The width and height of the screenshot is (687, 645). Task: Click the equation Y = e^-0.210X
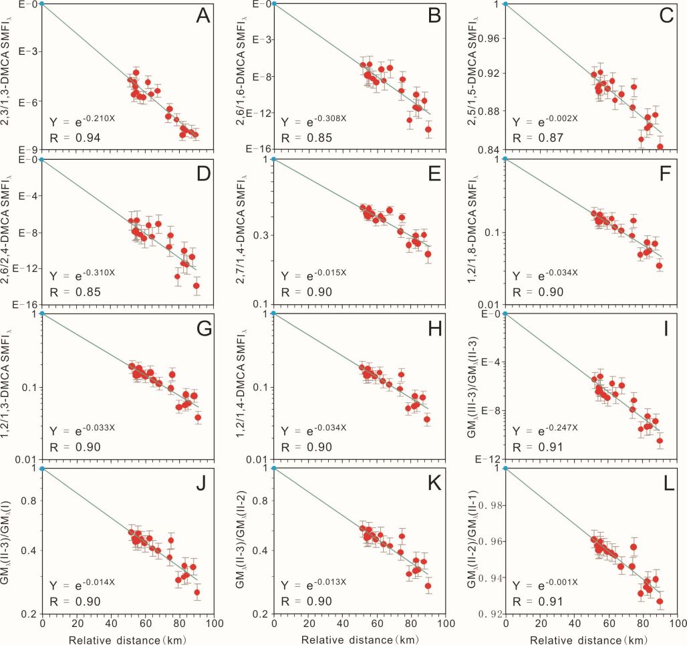pyautogui.click(x=81, y=121)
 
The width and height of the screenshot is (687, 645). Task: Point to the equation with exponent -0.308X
pyautogui.click(x=313, y=121)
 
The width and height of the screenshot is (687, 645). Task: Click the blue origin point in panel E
pyautogui.click(x=273, y=159)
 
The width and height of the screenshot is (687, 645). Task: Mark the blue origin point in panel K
pyautogui.click(x=273, y=469)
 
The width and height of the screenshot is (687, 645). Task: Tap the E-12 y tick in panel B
pyautogui.click(x=257, y=112)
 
